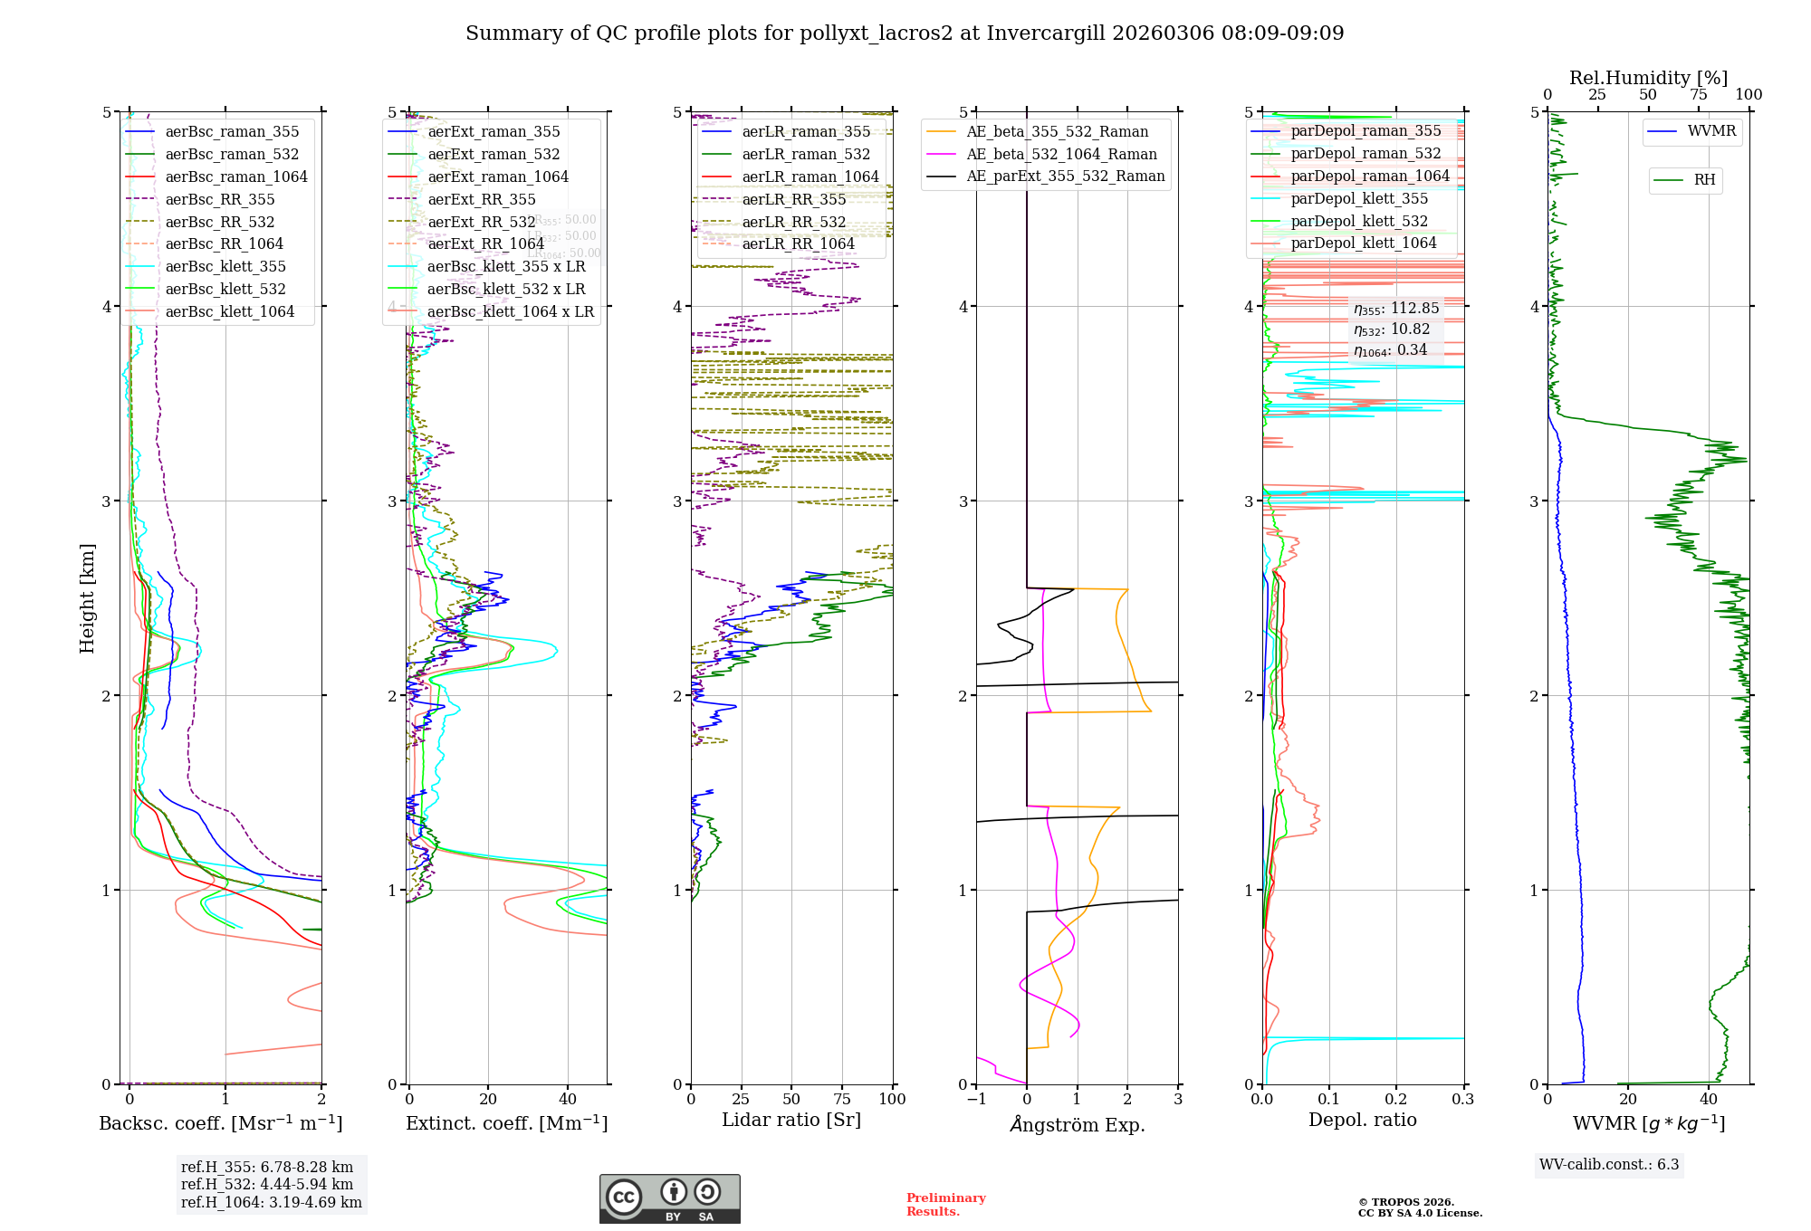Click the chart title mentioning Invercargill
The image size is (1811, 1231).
click(905, 33)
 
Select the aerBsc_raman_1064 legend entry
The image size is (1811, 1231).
click(235, 177)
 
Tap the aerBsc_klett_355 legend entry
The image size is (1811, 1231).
click(225, 266)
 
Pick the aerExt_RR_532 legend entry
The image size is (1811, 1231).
click(481, 222)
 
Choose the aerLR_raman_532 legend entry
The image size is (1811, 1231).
click(805, 154)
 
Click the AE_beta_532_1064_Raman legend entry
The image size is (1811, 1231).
click(1061, 154)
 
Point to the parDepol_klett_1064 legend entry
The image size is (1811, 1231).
click(1363, 243)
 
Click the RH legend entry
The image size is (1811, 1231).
click(1704, 180)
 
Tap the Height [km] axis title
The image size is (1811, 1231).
click(87, 598)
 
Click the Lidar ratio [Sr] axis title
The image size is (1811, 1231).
click(791, 1120)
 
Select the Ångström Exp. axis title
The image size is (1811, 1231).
click(1078, 1124)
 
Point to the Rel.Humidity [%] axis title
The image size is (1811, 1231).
click(1648, 78)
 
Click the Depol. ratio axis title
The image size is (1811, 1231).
click(1362, 1120)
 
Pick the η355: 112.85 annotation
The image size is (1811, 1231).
click(1396, 309)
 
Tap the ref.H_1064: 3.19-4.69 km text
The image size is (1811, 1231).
click(271, 1202)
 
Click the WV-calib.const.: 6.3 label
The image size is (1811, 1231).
click(1609, 1164)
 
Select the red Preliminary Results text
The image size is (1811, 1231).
click(945, 1204)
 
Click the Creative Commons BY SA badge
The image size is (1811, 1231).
click(669, 1198)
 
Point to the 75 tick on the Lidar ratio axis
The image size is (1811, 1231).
click(842, 1099)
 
